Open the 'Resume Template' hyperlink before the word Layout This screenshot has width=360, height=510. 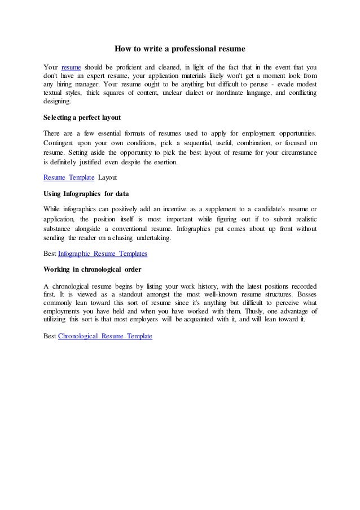(69, 178)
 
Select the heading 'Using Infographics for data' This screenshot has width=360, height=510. (86, 194)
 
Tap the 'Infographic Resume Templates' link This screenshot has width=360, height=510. (103, 254)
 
